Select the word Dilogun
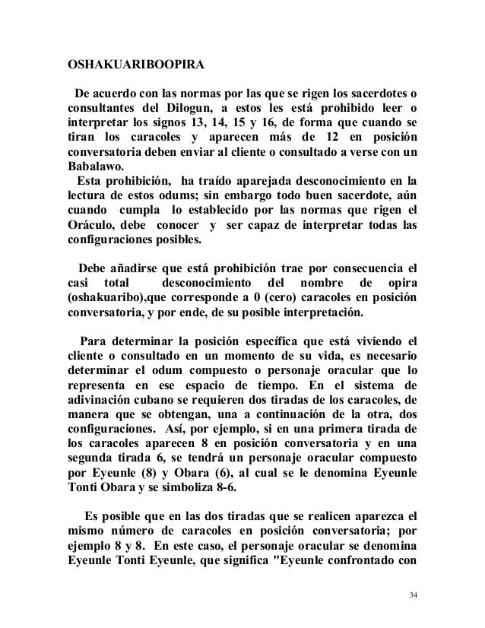(x=178, y=110)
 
